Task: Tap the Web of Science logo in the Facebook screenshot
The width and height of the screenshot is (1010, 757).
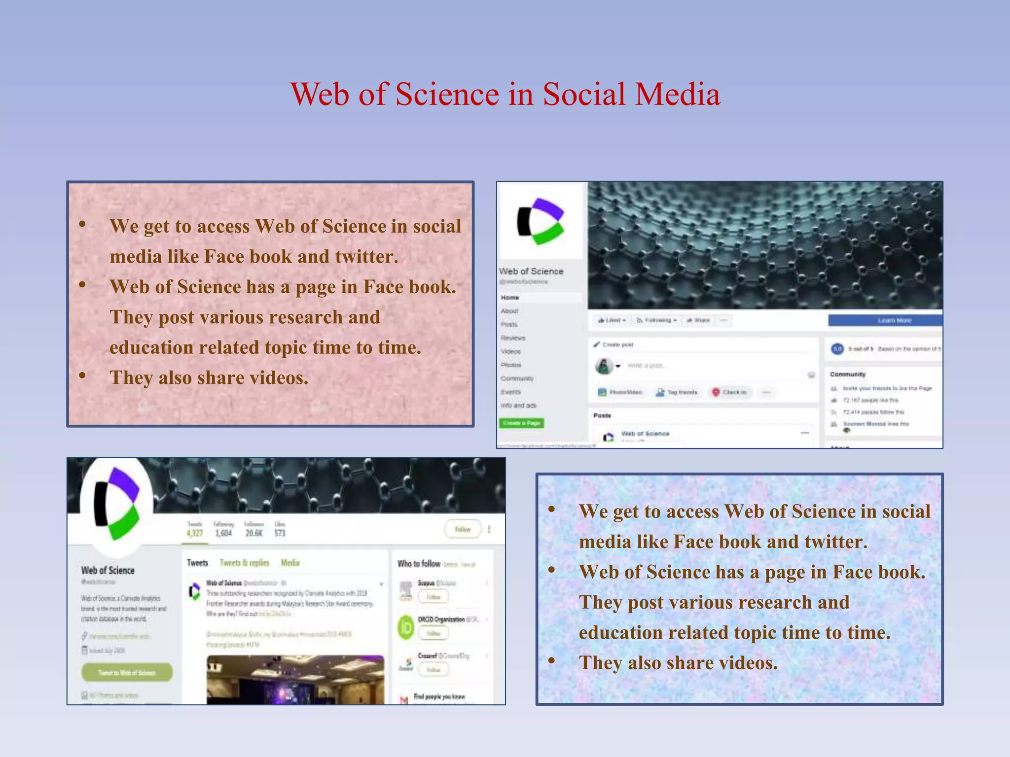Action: click(x=540, y=221)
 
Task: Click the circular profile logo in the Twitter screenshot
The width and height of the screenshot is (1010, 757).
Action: click(x=117, y=503)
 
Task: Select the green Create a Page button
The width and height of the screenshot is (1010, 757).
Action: click(x=521, y=423)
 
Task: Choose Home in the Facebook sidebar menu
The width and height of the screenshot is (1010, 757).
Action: click(x=510, y=298)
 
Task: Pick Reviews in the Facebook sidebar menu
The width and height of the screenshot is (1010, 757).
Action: click(x=513, y=338)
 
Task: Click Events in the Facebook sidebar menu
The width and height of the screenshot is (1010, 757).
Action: click(x=511, y=392)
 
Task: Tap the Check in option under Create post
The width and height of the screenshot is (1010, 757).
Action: click(x=730, y=392)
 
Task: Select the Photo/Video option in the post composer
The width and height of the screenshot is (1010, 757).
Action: click(x=620, y=392)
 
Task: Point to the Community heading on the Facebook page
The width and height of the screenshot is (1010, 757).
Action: click(x=848, y=375)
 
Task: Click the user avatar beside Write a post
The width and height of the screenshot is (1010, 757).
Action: click(x=604, y=366)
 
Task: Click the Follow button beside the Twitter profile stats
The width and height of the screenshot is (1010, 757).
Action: click(x=463, y=529)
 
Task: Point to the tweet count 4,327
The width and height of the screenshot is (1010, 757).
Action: click(x=194, y=533)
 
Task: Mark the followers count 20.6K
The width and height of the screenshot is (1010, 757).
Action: click(x=254, y=533)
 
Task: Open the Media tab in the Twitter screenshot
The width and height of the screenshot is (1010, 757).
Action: click(x=290, y=563)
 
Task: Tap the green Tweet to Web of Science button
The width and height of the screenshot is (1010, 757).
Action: click(x=127, y=673)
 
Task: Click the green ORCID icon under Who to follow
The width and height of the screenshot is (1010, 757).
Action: click(x=406, y=628)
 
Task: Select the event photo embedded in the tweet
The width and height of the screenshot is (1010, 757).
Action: click(x=295, y=680)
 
